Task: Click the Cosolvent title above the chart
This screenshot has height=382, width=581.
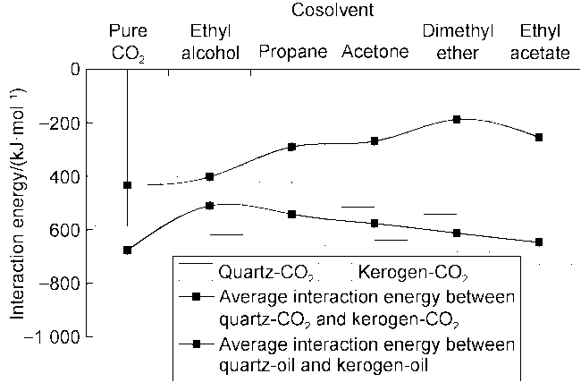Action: pyautogui.click(x=332, y=11)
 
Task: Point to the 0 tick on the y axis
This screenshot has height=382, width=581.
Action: pyautogui.click(x=74, y=70)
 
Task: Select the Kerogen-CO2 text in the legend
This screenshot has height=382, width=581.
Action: pyautogui.click(x=413, y=269)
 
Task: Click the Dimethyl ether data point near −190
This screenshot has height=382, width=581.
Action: pyautogui.click(x=457, y=119)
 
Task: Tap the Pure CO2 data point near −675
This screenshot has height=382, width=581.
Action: pyautogui.click(x=128, y=250)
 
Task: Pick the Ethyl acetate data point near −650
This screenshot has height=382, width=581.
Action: pyautogui.click(x=538, y=242)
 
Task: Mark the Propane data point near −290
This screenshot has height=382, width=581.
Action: pyautogui.click(x=292, y=147)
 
